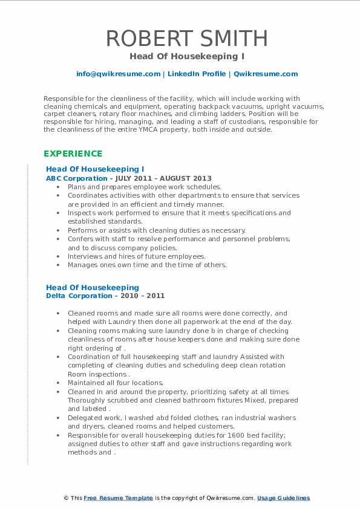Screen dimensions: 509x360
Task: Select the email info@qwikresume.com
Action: tap(118, 74)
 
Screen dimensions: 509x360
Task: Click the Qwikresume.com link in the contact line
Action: tap(257, 74)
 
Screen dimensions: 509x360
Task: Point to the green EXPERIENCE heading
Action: tap(73, 154)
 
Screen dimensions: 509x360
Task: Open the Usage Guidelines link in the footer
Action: tap(283, 498)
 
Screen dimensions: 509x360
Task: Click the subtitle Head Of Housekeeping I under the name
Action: tap(180, 56)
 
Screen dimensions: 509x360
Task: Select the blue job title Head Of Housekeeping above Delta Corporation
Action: tap(93, 287)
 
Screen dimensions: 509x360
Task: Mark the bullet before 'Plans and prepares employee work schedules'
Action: tap(57, 187)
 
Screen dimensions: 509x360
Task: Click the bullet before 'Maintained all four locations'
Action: tap(57, 383)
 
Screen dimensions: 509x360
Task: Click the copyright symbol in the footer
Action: tap(67, 498)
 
